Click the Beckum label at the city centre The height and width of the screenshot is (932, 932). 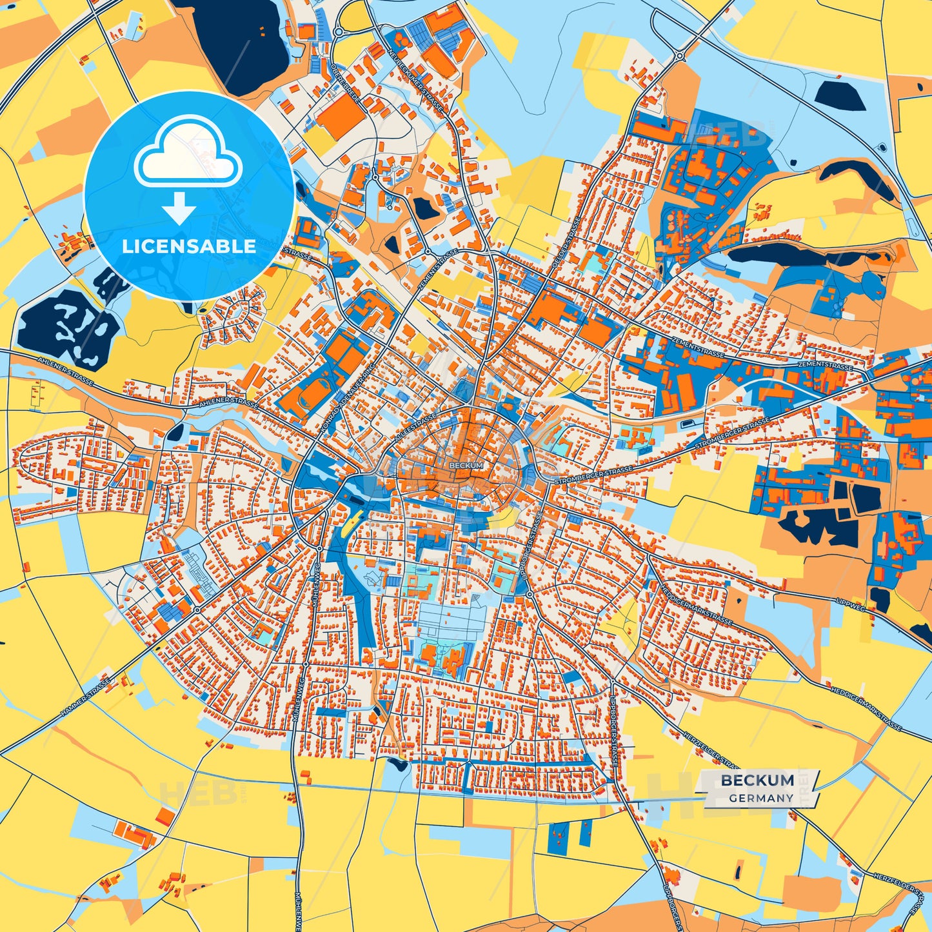466,465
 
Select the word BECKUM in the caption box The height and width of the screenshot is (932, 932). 757,780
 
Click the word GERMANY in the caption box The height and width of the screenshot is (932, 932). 761,798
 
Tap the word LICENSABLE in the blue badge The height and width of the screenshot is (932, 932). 189,246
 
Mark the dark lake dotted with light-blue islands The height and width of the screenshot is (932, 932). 68,327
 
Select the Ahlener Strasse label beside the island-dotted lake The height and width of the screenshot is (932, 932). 65,372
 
